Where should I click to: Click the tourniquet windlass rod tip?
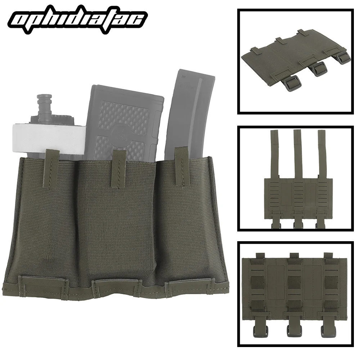coord(44,99)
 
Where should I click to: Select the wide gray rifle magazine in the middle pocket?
coord(122,119)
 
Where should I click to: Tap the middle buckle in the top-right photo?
coord(318,69)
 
